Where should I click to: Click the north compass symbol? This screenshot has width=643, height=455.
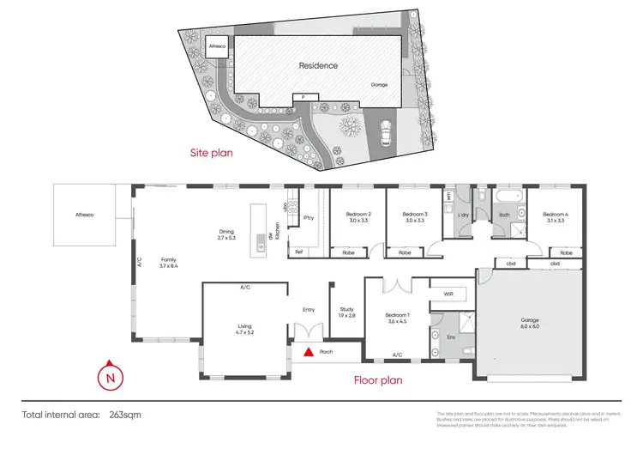(x=109, y=376)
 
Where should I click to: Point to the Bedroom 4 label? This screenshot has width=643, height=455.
(x=554, y=217)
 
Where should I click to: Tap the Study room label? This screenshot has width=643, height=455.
(x=346, y=312)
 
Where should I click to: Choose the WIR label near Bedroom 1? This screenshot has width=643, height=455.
(x=448, y=294)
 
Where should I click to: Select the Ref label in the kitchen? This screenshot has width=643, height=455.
(x=299, y=252)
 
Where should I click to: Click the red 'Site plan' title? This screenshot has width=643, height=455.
(x=212, y=154)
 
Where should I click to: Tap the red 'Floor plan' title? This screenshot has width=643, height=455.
(x=379, y=379)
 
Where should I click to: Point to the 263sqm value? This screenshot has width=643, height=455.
(x=124, y=415)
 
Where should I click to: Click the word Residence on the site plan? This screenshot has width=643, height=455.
(x=318, y=65)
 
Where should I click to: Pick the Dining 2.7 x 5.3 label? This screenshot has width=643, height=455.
(x=226, y=235)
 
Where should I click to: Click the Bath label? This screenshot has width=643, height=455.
(x=505, y=215)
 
